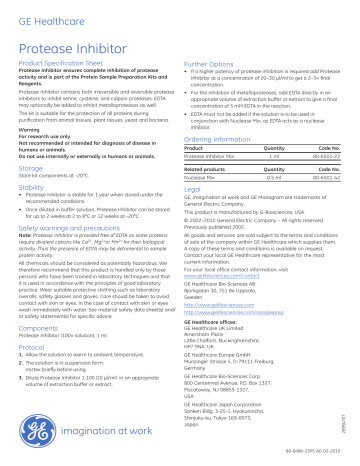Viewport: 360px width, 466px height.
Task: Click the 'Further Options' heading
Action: (212, 74)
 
